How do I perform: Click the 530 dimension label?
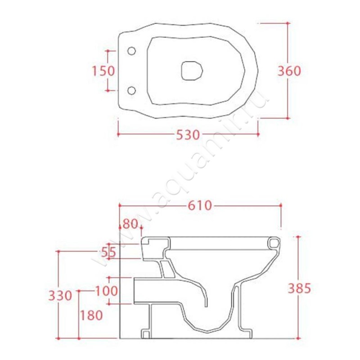pyautogui.click(x=188, y=135)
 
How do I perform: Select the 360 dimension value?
pyautogui.click(x=289, y=71)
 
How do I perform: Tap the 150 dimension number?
pyautogui.click(x=103, y=71)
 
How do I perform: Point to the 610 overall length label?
pyautogui.click(x=199, y=206)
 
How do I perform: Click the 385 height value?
pyautogui.click(x=299, y=288)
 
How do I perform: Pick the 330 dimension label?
pyautogui.click(x=60, y=296)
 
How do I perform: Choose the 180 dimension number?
pyautogui.click(x=91, y=315)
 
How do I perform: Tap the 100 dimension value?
pyautogui.click(x=106, y=291)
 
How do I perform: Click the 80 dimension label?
pyautogui.click(x=130, y=224)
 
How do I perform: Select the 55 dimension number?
pyautogui.click(x=109, y=253)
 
